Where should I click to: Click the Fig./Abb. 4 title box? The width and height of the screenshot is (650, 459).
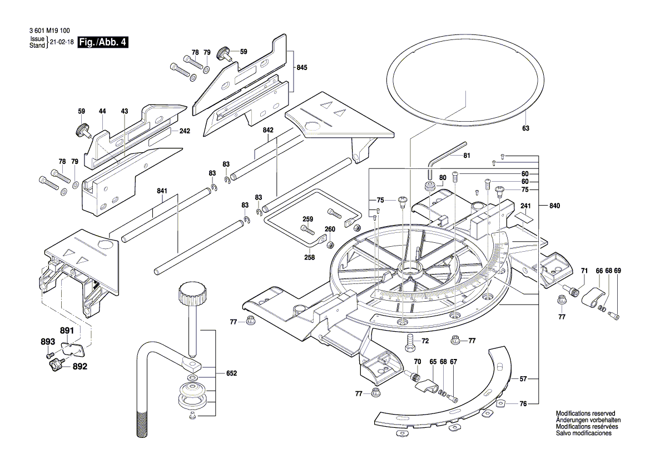pyautogui.click(x=103, y=42)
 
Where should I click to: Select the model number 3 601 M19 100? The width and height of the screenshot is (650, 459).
pyautogui.click(x=48, y=32)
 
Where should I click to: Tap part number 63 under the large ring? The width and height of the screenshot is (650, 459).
pyautogui.click(x=525, y=128)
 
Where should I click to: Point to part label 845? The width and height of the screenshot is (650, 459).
pyautogui.click(x=301, y=67)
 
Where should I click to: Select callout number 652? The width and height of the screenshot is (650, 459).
pyautogui.click(x=231, y=373)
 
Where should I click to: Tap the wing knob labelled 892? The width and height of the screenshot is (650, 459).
pyautogui.click(x=56, y=366)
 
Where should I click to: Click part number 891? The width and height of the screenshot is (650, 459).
pyautogui.click(x=67, y=331)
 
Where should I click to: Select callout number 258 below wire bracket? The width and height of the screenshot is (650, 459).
pyautogui.click(x=309, y=257)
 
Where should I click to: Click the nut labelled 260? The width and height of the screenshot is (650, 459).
pyautogui.click(x=329, y=245)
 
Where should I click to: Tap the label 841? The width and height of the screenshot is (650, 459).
pyautogui.click(x=162, y=191)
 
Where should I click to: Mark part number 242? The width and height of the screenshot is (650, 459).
pyautogui.click(x=185, y=132)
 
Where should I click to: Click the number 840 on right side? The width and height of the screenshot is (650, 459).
pyautogui.click(x=554, y=206)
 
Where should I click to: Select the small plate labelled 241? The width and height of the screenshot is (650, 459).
pyautogui.click(x=525, y=215)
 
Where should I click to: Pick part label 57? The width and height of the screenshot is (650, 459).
pyautogui.click(x=523, y=379)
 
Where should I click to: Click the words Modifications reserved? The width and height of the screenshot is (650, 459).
pyautogui.click(x=585, y=414)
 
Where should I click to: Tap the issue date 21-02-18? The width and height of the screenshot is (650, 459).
pyautogui.click(x=62, y=42)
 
